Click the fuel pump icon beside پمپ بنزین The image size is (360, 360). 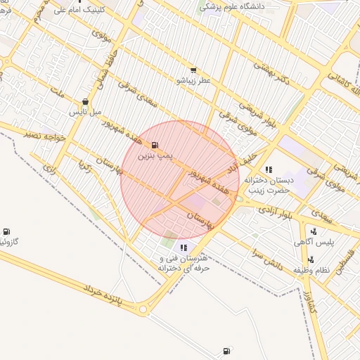(155, 144)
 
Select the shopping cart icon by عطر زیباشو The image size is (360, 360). (193, 71)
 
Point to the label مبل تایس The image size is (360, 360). (85, 112)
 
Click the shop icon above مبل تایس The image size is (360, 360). (85, 101)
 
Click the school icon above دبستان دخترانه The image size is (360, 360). (269, 169)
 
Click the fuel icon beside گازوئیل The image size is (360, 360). (6, 231)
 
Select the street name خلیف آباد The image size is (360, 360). (247, 159)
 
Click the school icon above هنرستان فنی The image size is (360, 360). (184, 247)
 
